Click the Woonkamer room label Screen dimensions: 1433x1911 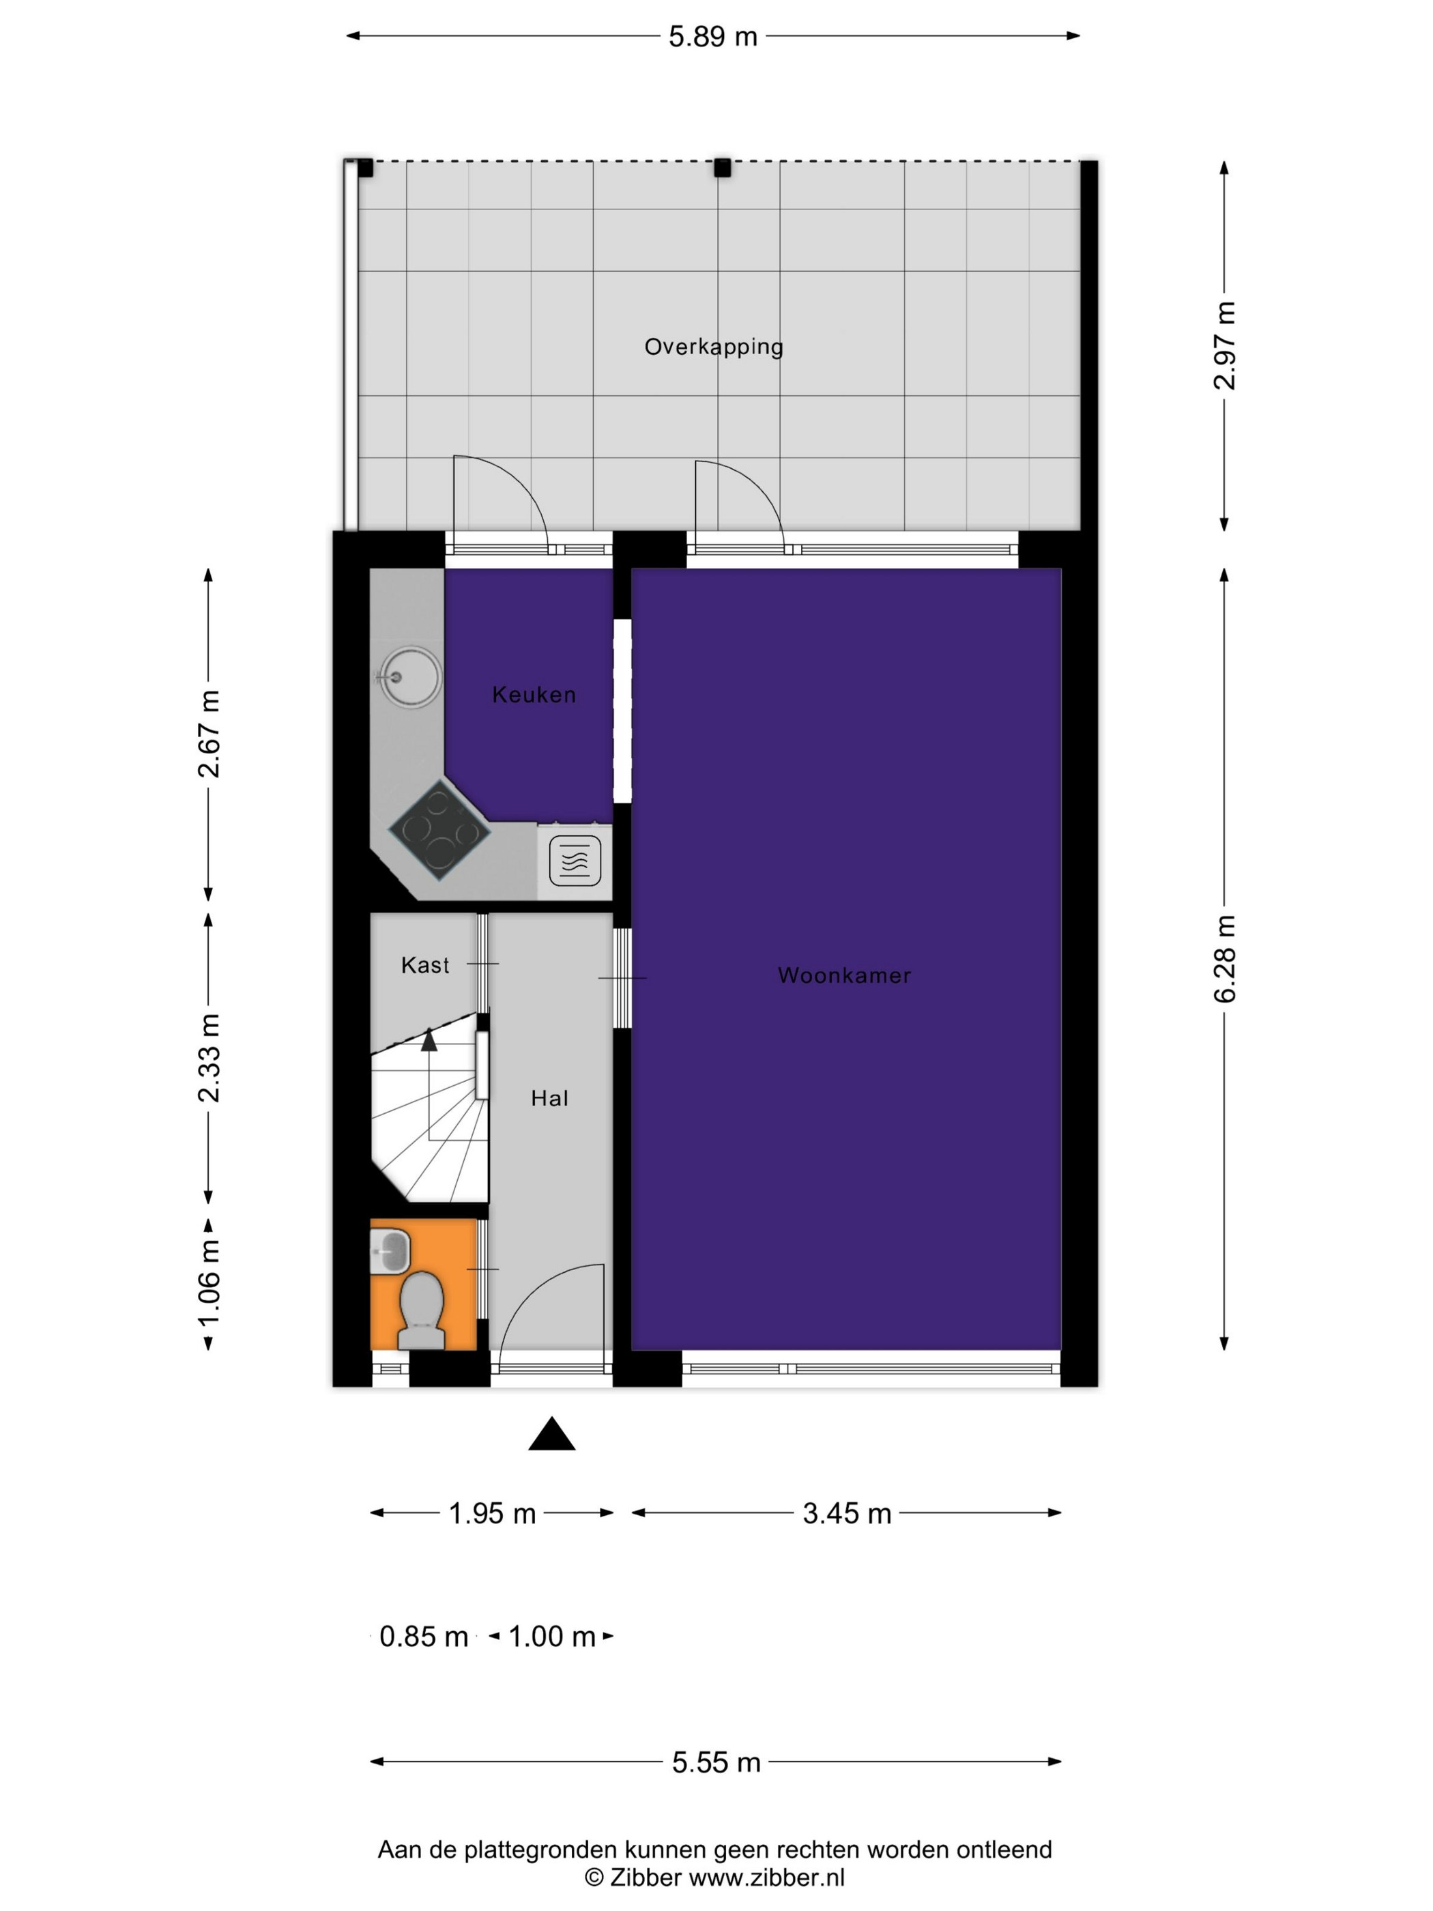coord(844,975)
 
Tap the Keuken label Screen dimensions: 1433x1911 coord(534,695)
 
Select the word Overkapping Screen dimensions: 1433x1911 coord(714,347)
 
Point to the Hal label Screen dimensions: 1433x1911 coord(549,1098)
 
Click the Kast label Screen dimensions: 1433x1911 coord(425,965)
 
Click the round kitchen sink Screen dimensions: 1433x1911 coord(409,677)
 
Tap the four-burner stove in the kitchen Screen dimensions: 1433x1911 coord(439,830)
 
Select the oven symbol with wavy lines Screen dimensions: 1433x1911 coord(575,861)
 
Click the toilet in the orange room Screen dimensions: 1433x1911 coord(422,1310)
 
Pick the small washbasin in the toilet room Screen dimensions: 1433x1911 coord(390,1251)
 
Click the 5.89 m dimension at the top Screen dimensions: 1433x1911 coord(712,37)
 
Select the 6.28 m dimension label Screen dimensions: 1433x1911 coord(1225,959)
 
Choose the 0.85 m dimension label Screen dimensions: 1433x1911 coord(423,1636)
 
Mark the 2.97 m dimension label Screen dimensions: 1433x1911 coord(1225,345)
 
